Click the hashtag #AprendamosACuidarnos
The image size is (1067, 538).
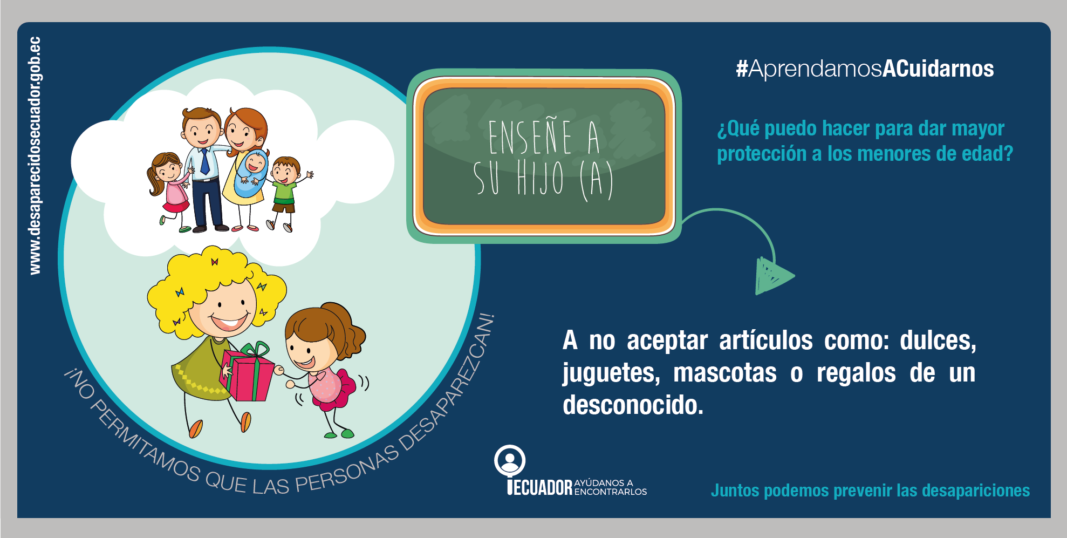pyautogui.click(x=865, y=69)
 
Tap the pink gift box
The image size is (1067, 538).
pyautogui.click(x=248, y=376)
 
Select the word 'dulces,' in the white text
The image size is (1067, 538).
pyautogui.click(x=938, y=341)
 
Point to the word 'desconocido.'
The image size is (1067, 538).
pyautogui.click(x=633, y=405)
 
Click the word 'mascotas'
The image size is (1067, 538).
pyautogui.click(x=725, y=373)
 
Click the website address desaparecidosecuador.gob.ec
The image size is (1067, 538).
pyautogui.click(x=35, y=155)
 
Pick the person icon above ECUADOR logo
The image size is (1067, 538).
pyautogui.click(x=509, y=461)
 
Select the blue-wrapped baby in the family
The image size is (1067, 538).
pyautogui.click(x=251, y=173)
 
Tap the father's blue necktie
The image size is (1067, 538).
pyautogui.click(x=205, y=161)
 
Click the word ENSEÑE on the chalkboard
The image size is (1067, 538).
pyautogui.click(x=530, y=138)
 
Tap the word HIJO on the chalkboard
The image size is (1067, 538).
pyautogui.click(x=540, y=178)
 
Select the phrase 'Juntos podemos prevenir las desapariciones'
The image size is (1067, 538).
pyautogui.click(x=870, y=491)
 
